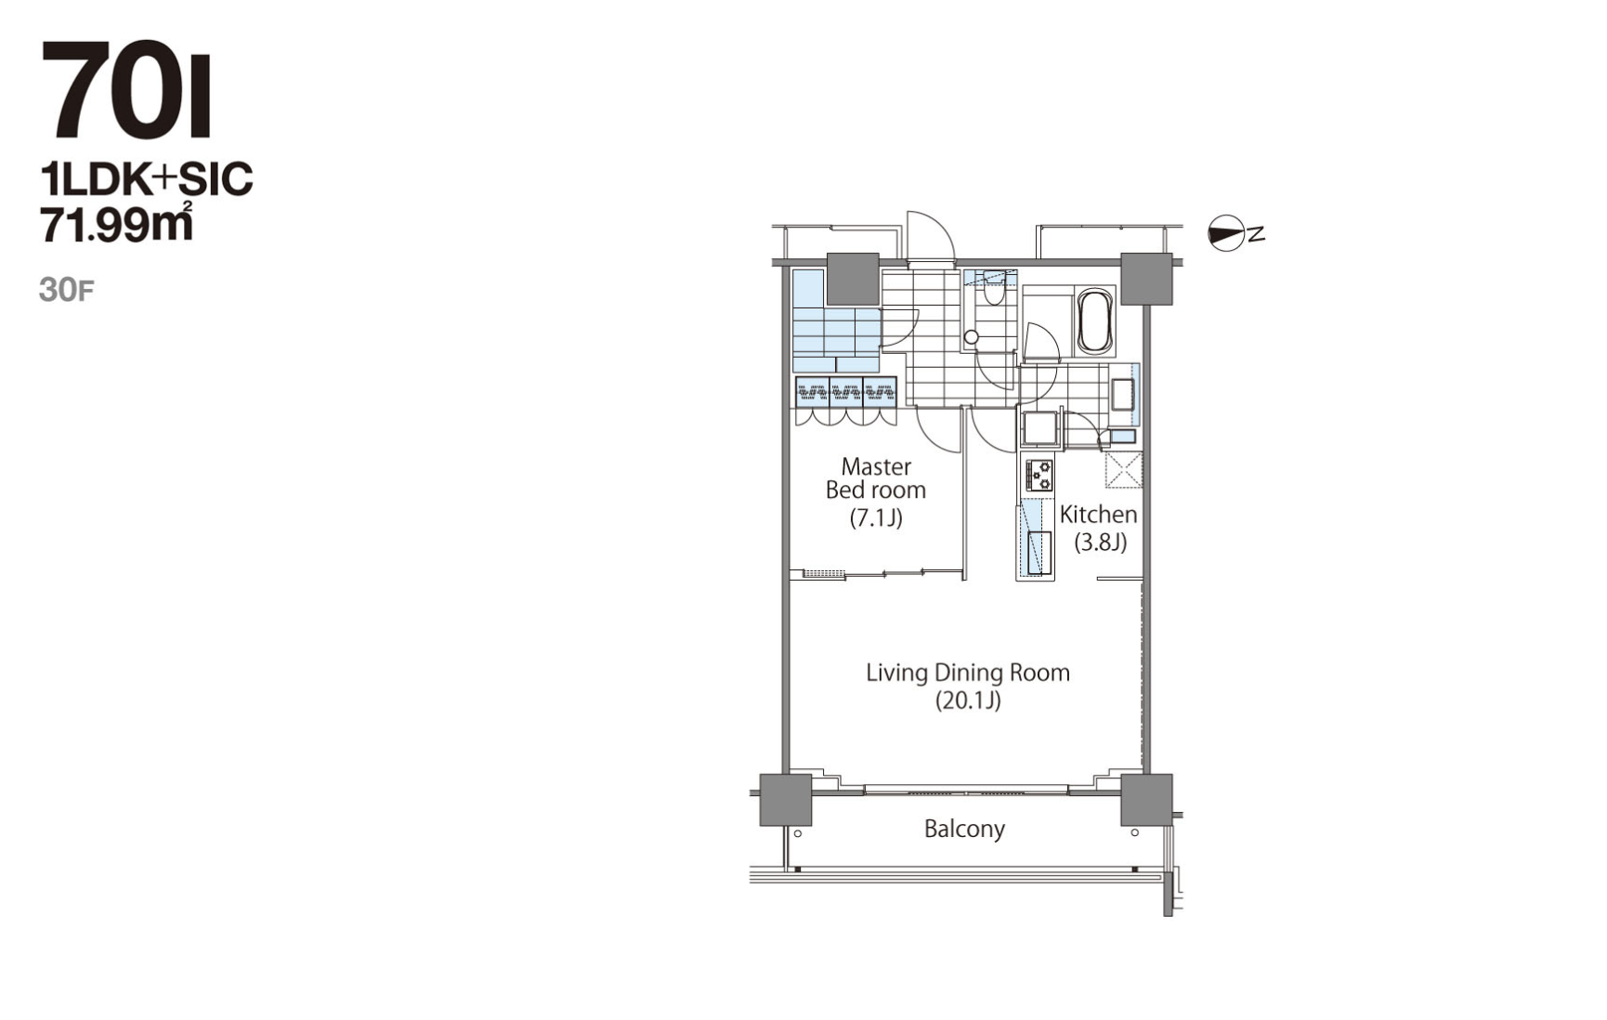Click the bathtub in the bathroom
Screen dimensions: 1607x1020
[x=1094, y=321]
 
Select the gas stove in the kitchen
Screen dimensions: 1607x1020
[x=1039, y=475]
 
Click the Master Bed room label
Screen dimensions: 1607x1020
[x=876, y=477]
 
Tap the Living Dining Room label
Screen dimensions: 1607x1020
[x=968, y=672]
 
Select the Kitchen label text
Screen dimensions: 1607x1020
[x=1098, y=514]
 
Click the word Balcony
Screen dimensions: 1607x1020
[x=964, y=829]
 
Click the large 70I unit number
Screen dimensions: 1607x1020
[x=127, y=90]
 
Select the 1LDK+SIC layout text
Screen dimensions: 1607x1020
[x=147, y=179]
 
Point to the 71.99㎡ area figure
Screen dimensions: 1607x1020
[x=117, y=223]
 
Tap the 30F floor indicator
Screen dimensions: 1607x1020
[x=66, y=290]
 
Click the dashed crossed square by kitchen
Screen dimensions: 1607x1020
[x=1123, y=470]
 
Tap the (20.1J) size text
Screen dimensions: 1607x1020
[x=968, y=700]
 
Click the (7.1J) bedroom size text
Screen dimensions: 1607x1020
[x=876, y=517]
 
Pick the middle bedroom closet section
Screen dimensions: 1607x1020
[x=846, y=392]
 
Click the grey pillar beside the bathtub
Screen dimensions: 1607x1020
[x=1146, y=279]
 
